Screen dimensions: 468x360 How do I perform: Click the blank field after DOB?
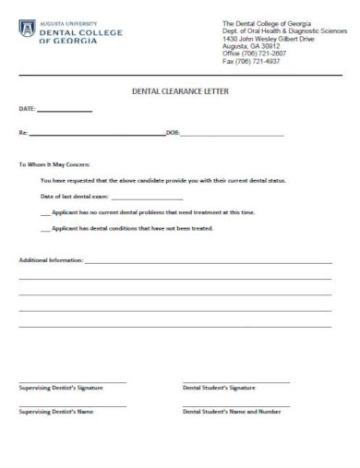point(232,135)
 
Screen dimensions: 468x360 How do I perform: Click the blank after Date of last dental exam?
point(147,198)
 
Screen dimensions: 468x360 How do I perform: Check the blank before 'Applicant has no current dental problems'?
point(45,212)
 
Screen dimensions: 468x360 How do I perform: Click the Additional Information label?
point(51,261)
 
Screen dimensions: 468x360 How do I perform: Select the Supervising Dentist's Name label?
point(54,412)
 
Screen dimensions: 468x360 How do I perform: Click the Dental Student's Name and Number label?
point(231,412)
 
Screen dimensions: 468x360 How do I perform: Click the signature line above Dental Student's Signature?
point(235,381)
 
